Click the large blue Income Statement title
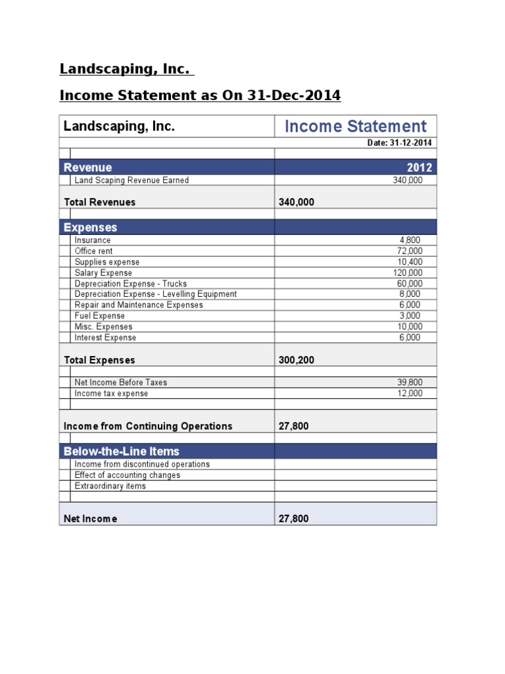[x=355, y=126]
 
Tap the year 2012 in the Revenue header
[x=420, y=168]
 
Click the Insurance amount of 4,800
[x=411, y=240]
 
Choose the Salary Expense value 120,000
[x=408, y=272]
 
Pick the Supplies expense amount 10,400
[x=409, y=262]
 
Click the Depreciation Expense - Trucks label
[x=131, y=284]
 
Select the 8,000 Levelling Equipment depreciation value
[x=411, y=294]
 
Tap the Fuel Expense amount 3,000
[x=411, y=316]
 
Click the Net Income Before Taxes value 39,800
[x=409, y=382]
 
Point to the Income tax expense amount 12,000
[x=409, y=393]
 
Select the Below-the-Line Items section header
[x=121, y=452]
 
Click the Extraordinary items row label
[x=110, y=486]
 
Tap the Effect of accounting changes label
[x=127, y=475]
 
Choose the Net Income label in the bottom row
[x=90, y=519]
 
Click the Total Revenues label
[x=99, y=202]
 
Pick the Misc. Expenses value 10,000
[x=409, y=326]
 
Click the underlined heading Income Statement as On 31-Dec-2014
[x=200, y=95]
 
